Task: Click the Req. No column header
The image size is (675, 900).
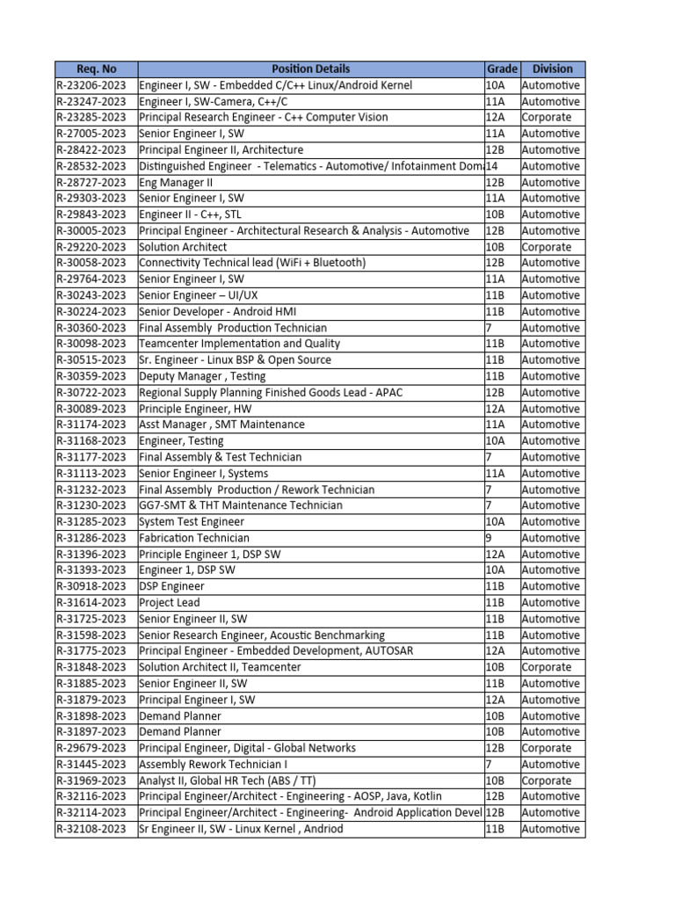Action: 96,69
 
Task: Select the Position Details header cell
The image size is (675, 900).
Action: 310,69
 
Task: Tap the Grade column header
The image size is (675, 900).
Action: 502,69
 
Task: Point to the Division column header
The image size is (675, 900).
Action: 552,69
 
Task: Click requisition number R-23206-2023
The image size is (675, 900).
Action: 96,85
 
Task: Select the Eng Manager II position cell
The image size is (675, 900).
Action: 176,183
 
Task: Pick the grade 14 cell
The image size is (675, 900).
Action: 502,166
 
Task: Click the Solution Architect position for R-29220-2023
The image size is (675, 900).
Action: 183,247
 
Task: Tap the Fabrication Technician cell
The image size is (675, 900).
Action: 194,538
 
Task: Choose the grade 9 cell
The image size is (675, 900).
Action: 502,538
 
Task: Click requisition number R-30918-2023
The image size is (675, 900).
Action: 96,586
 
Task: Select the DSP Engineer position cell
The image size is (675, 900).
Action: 171,586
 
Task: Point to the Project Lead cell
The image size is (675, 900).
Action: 170,603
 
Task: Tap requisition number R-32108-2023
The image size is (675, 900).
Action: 96,829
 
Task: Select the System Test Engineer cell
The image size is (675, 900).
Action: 192,522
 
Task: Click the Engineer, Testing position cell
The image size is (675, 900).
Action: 181,441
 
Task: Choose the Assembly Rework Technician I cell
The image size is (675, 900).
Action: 207,765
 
